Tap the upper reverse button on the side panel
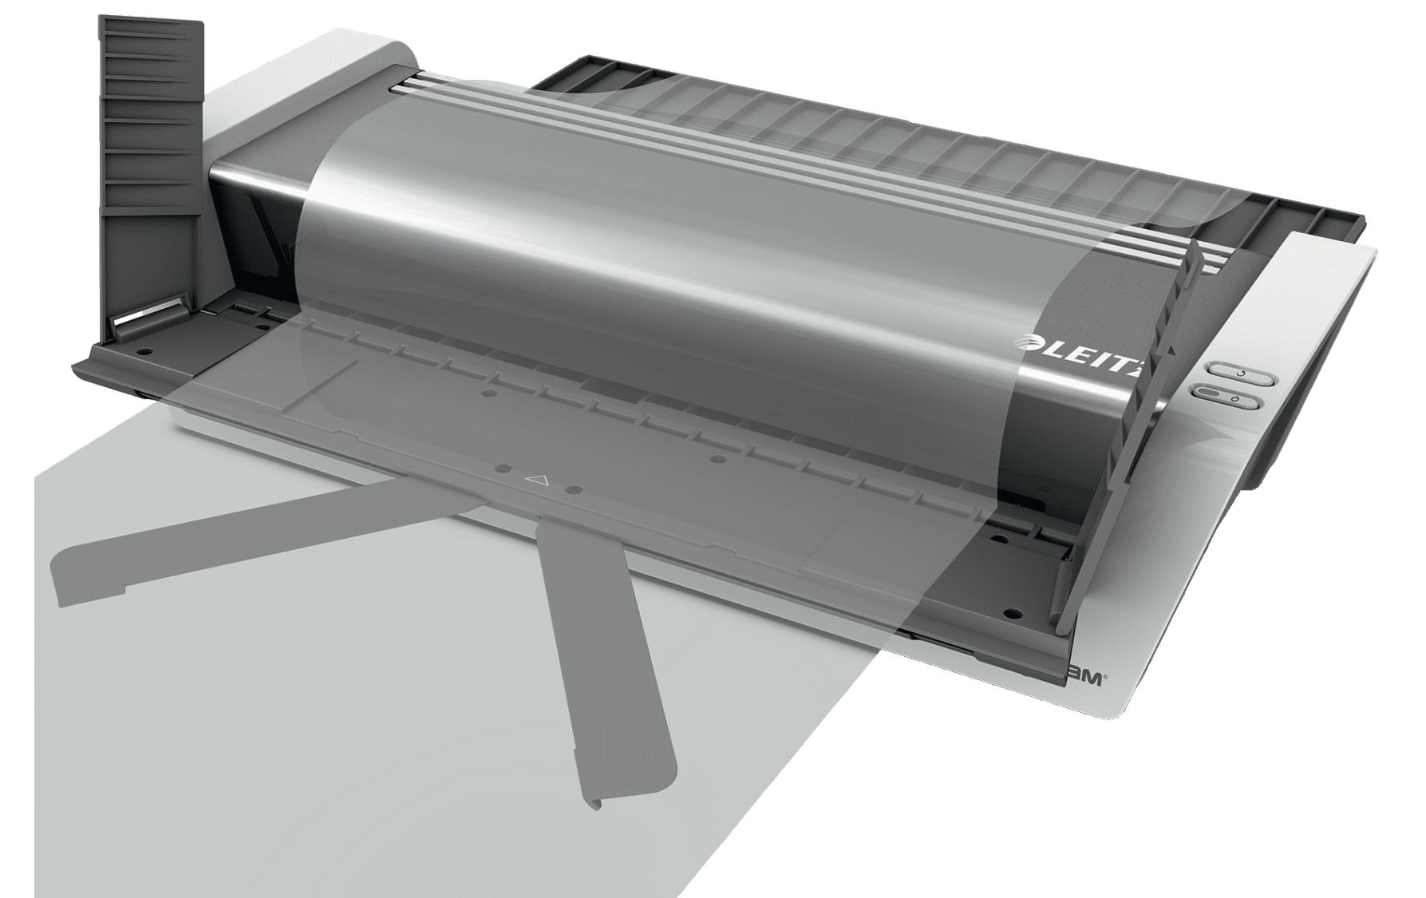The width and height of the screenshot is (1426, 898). pyautogui.click(x=1237, y=373)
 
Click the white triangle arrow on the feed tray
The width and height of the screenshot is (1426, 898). pyautogui.click(x=537, y=481)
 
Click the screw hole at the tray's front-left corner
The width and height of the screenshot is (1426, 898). pyautogui.click(x=143, y=350)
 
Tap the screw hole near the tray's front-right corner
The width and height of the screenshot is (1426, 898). pyautogui.click(x=1012, y=615)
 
